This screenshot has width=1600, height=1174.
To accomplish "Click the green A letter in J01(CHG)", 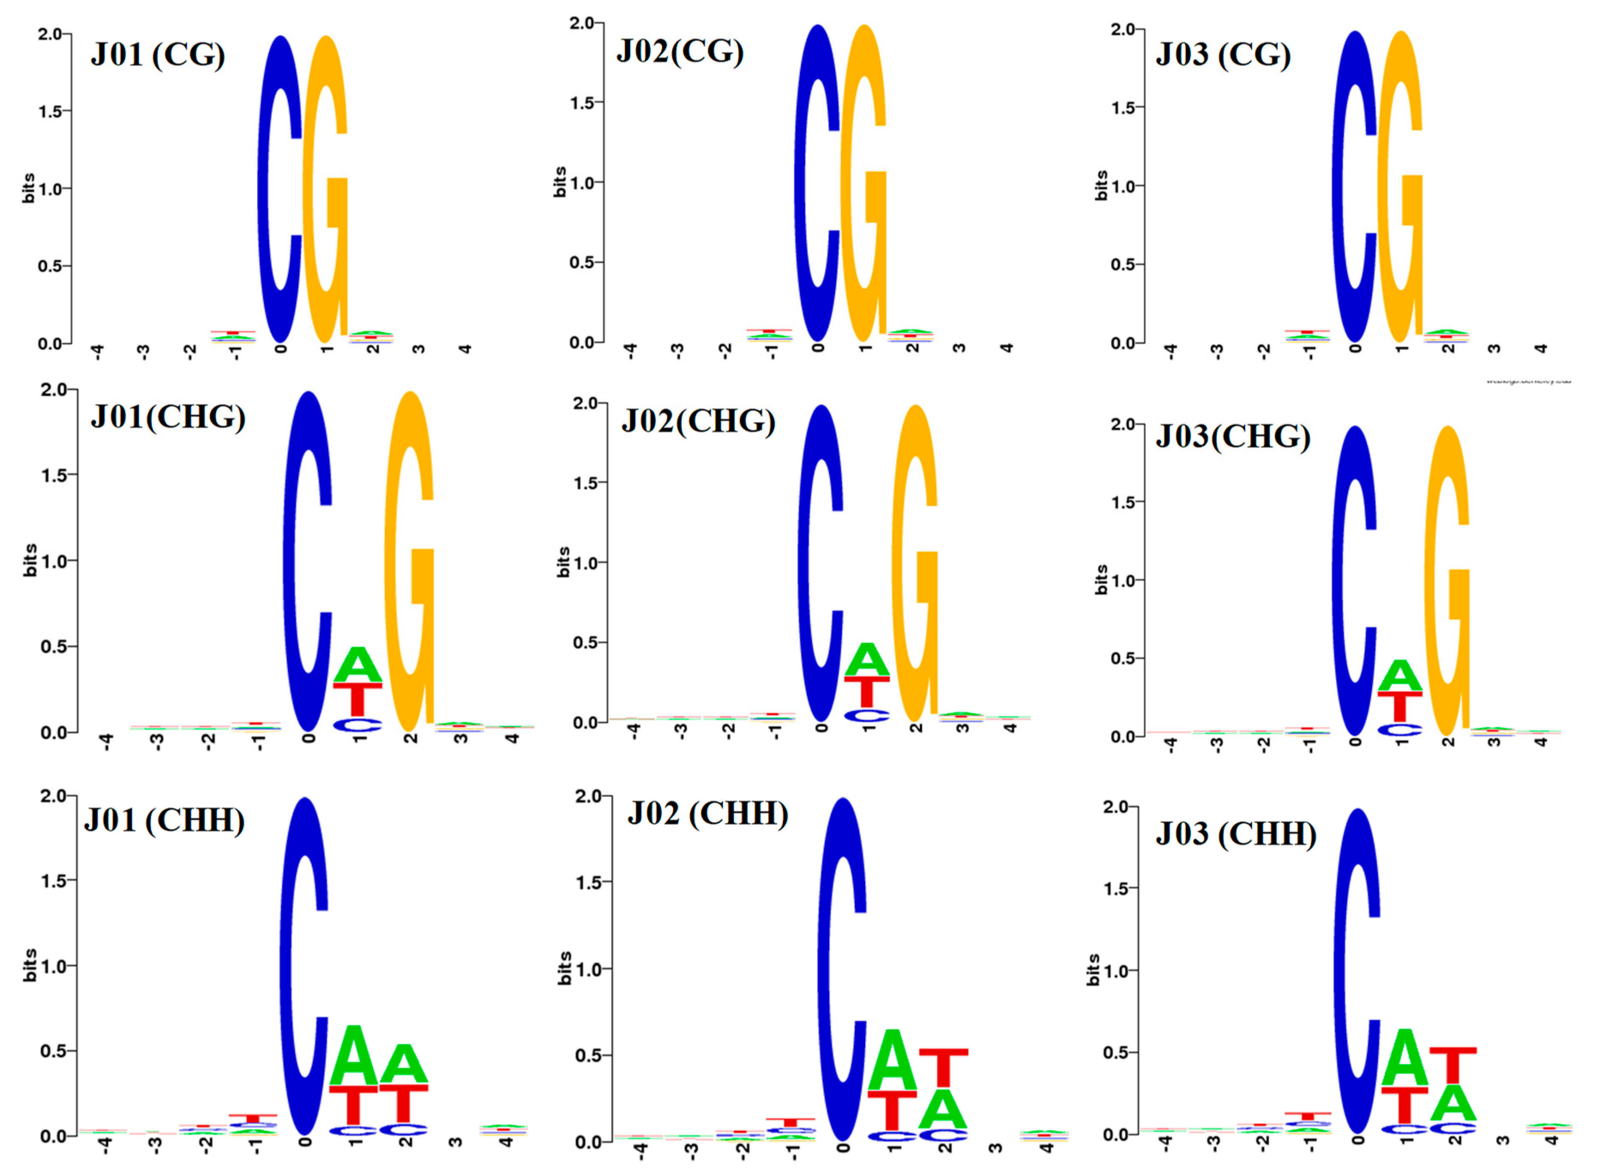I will tap(358, 664).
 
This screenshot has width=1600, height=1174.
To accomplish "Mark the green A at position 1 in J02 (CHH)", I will tap(893, 1060).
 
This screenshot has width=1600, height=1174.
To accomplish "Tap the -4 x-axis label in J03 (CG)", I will tap(1170, 350).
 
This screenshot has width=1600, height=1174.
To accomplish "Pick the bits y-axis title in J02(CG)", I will tap(559, 182).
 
